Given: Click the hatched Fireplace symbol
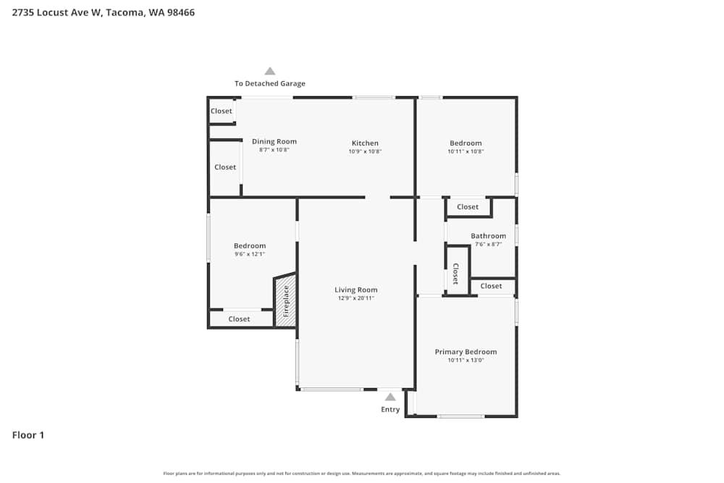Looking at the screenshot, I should click(x=285, y=301).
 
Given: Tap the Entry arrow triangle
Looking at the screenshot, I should click(x=390, y=397).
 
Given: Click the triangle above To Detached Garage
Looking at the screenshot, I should click(x=270, y=71).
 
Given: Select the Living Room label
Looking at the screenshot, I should click(x=355, y=290).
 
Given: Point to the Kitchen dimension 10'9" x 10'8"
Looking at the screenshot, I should click(x=365, y=151).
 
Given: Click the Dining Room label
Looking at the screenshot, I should click(x=274, y=141).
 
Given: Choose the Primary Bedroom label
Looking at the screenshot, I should click(x=466, y=352).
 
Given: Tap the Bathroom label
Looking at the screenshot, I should click(x=488, y=236).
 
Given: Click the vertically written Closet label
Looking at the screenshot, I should click(x=455, y=273).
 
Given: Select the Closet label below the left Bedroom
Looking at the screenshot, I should click(x=239, y=319).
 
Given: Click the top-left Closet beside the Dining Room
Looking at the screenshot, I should click(x=222, y=111).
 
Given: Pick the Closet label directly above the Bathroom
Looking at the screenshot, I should click(x=468, y=207).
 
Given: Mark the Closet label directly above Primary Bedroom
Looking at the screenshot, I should click(x=491, y=286).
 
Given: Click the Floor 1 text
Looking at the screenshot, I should click(x=28, y=435).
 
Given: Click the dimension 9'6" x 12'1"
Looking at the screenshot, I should click(x=249, y=254).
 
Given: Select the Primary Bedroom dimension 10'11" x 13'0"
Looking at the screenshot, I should click(x=466, y=360).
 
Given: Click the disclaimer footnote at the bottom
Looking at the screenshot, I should click(x=362, y=474).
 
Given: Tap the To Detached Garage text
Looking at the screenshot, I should click(x=269, y=84).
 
